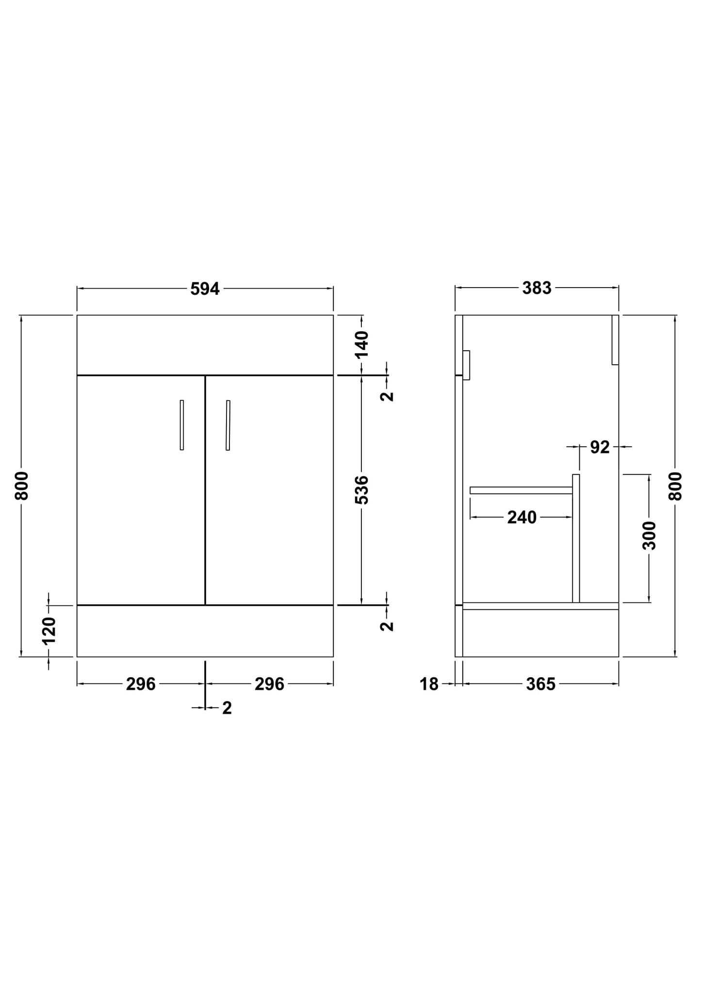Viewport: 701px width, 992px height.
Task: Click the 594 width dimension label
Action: pos(205,289)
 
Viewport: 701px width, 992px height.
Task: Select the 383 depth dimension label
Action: pos(537,289)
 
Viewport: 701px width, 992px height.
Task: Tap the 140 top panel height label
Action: pos(362,344)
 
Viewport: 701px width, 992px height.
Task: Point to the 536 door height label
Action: pos(362,490)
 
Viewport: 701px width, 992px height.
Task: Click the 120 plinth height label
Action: pos(49,631)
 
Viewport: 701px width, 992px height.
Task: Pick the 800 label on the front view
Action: pos(22,486)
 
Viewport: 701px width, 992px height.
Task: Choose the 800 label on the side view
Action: pos(675,486)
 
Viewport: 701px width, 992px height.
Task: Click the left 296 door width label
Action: pos(141,684)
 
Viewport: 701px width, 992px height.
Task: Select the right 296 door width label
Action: pos(269,684)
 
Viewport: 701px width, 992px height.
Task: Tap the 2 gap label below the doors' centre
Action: pos(227,708)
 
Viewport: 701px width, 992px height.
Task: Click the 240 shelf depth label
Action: pos(522,518)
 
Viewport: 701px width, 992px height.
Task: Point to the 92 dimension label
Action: pos(600,447)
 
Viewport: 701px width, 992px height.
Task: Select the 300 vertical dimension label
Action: pos(649,536)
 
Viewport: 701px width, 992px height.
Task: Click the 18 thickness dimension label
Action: pos(429,684)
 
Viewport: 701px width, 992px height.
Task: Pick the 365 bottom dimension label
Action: pos(540,684)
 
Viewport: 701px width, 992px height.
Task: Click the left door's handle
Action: pos(182,425)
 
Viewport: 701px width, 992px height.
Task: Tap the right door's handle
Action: pos(228,425)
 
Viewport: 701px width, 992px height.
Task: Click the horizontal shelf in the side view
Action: pos(521,490)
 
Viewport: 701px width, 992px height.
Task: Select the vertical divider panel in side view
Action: pos(576,538)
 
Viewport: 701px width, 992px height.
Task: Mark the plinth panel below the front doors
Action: pos(205,631)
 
